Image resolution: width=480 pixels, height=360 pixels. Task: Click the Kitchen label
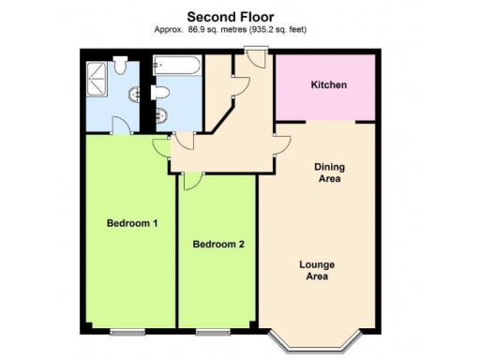coord(328,85)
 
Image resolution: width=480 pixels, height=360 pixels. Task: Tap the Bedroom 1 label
coord(131,223)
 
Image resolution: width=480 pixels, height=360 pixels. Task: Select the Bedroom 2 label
coord(218,245)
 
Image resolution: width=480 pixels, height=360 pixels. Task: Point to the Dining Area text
coord(328,172)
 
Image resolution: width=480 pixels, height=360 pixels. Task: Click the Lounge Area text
coord(317,271)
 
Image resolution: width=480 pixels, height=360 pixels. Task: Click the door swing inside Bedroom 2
coord(190,183)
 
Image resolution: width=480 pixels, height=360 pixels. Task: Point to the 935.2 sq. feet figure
coord(277,30)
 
